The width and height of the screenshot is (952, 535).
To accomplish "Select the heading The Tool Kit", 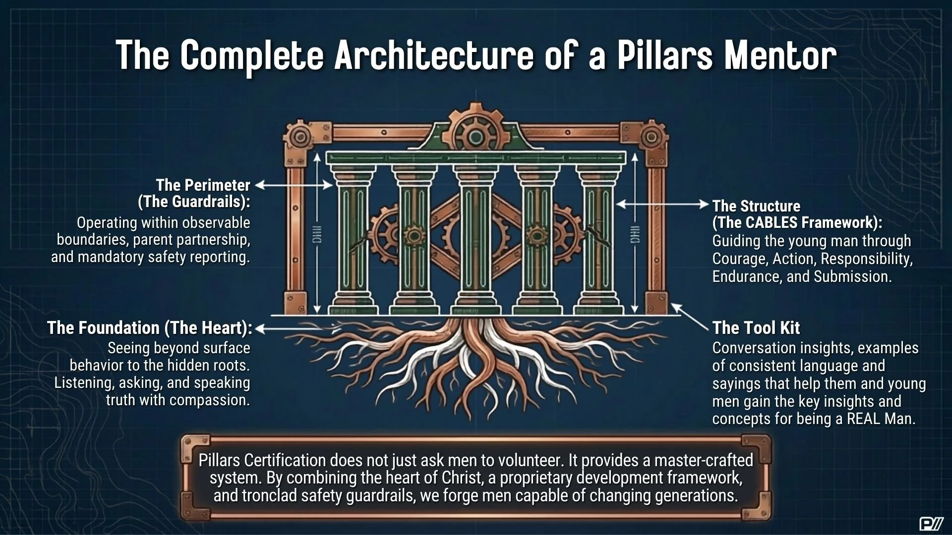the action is [x=756, y=327].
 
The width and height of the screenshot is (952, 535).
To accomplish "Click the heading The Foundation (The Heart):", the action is [x=150, y=328].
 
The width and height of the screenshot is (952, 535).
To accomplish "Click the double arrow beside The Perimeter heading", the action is [x=294, y=185].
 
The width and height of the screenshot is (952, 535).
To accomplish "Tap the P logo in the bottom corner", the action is [x=931, y=524].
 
